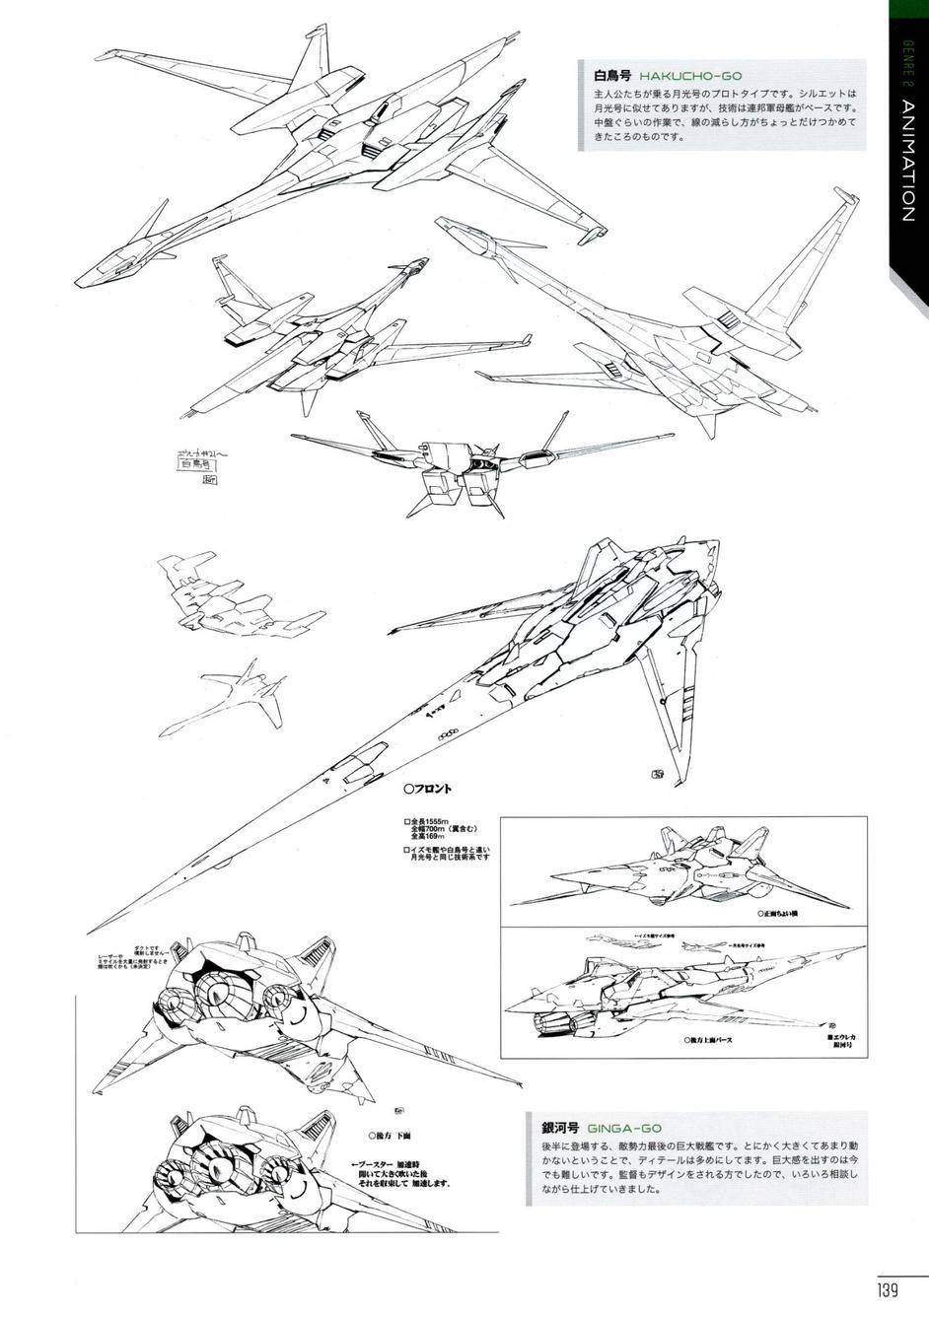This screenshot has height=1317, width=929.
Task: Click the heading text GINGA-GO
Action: (624, 1128)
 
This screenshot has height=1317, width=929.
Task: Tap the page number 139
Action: (885, 1288)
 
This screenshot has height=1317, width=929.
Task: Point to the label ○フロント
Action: (428, 788)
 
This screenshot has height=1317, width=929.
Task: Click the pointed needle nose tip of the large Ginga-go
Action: (92, 930)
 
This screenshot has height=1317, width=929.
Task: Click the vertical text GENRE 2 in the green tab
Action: (909, 59)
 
